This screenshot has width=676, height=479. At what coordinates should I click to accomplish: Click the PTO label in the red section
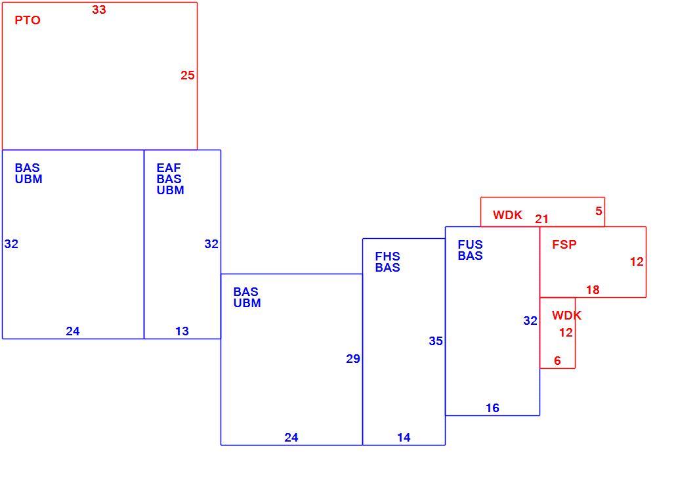point(28,20)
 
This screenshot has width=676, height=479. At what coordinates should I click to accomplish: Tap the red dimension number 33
point(98,9)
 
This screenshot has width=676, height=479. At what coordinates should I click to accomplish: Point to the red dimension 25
point(188,75)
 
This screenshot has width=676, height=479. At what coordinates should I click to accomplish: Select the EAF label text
point(169,168)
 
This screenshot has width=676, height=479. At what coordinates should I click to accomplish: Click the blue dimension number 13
point(182,331)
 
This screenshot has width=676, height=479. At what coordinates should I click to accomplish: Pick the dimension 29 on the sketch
point(353,359)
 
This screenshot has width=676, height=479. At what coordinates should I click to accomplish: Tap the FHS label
point(388,257)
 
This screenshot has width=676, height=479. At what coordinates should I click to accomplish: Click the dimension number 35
point(436,341)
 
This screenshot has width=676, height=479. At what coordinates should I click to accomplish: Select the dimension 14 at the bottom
point(404,438)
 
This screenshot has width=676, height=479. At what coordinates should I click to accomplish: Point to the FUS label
point(471,245)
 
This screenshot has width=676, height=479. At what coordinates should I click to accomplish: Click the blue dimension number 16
point(492,408)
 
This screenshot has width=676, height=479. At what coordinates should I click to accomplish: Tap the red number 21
point(542,219)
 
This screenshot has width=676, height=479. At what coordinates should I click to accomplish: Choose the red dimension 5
point(599,211)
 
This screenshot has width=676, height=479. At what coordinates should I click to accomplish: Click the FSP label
point(564,245)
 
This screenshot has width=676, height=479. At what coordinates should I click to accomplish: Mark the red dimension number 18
point(593,290)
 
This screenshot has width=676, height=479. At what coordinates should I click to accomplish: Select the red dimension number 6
point(557,360)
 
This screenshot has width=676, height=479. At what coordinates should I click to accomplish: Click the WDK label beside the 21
point(507,215)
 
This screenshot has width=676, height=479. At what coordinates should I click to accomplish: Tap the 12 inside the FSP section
point(637,262)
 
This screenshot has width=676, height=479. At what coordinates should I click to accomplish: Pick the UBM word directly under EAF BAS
point(170,190)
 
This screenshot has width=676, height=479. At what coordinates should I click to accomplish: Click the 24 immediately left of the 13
point(73,331)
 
